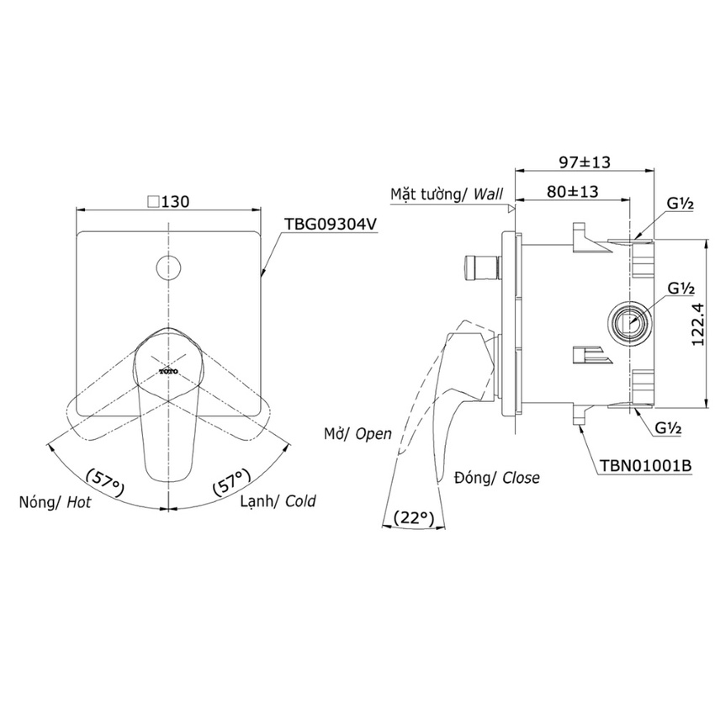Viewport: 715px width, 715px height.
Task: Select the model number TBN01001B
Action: [x=645, y=465]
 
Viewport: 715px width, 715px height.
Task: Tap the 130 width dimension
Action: [x=169, y=201]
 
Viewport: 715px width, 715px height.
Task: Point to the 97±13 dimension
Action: [x=585, y=162]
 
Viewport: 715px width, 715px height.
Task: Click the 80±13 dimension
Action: [x=573, y=191]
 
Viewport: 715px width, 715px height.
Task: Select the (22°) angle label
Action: [x=414, y=518]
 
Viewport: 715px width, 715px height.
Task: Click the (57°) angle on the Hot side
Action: [x=105, y=483]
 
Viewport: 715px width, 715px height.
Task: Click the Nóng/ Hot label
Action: [x=55, y=502]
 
